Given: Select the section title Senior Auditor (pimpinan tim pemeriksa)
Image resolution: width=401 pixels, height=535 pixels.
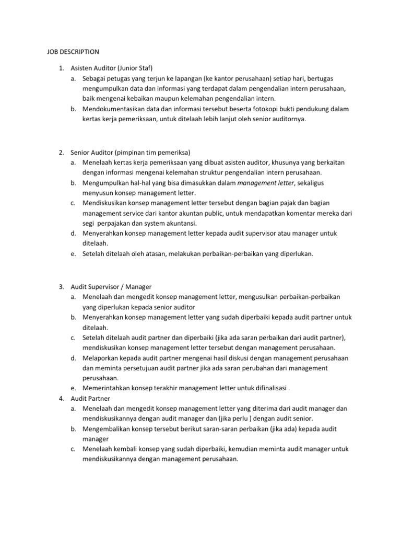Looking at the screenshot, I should click(131, 153).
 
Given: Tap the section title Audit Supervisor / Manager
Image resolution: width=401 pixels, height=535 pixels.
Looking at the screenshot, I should click(111, 287).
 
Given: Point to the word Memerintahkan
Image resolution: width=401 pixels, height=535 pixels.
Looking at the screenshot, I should click(107, 388).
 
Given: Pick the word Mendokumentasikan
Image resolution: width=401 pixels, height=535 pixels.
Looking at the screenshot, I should click(114, 109).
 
